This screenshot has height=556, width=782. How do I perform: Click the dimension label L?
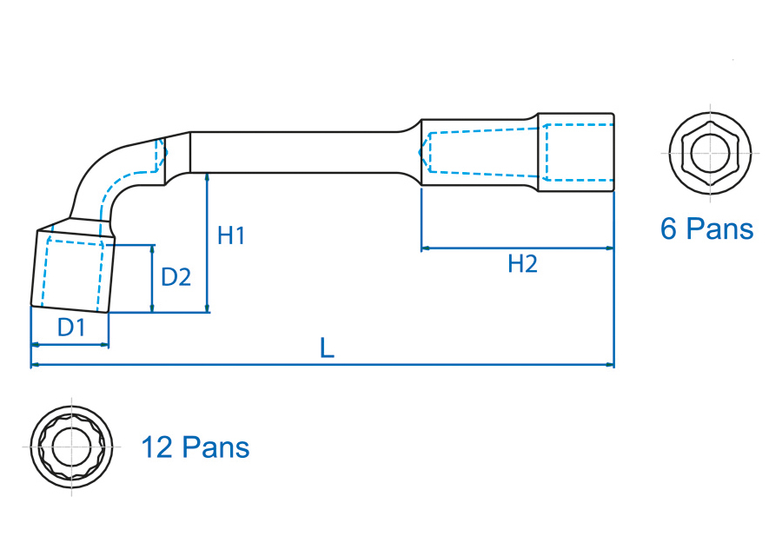327,348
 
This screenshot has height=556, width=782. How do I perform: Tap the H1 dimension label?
231,235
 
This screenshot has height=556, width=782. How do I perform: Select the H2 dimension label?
522,264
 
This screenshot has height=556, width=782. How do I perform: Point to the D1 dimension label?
71,328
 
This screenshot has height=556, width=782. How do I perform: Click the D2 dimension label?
176,277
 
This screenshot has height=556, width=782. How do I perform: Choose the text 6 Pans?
706,229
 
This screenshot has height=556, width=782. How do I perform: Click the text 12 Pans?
195,448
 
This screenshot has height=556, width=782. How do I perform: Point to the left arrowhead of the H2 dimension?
426,248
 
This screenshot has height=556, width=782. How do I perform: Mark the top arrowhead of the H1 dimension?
208,176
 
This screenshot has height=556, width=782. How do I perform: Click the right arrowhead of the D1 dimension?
105,345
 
